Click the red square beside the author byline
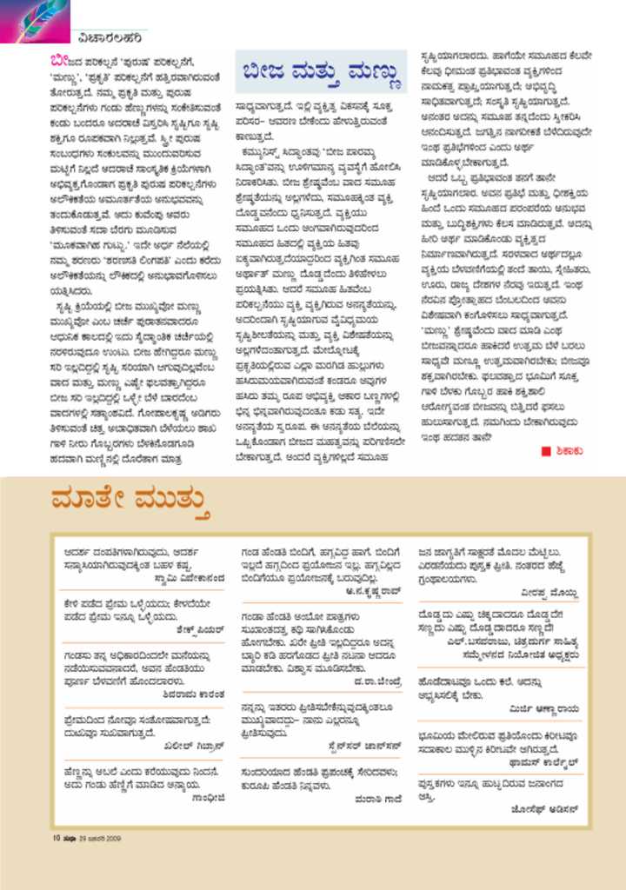click(x=546, y=450)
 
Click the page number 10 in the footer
click(x=55, y=838)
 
